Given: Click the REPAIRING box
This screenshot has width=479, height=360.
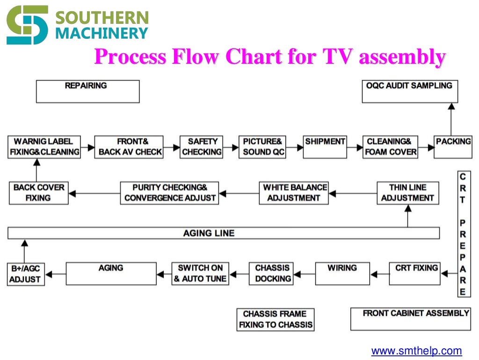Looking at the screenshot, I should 87,91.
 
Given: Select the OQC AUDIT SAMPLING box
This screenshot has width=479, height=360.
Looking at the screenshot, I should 410,91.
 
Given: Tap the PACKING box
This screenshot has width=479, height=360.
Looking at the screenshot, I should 453,147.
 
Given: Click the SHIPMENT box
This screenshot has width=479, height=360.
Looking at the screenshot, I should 325,147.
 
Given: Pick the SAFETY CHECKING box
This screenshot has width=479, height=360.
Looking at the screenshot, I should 202,147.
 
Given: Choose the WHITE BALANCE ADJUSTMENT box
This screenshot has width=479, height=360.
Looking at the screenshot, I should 294,193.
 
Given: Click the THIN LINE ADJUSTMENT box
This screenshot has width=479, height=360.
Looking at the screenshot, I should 408,193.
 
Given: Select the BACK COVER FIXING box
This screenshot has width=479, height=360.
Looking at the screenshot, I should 38,193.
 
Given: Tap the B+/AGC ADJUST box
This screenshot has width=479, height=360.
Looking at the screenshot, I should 26,274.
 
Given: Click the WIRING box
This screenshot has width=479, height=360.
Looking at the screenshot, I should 342,274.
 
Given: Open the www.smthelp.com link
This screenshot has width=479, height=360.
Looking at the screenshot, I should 416,351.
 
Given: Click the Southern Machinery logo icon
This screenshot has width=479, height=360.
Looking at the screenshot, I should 27,24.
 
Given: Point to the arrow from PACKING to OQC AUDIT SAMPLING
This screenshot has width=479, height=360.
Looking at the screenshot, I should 451,119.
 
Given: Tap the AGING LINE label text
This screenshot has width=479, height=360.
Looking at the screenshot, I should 209,233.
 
